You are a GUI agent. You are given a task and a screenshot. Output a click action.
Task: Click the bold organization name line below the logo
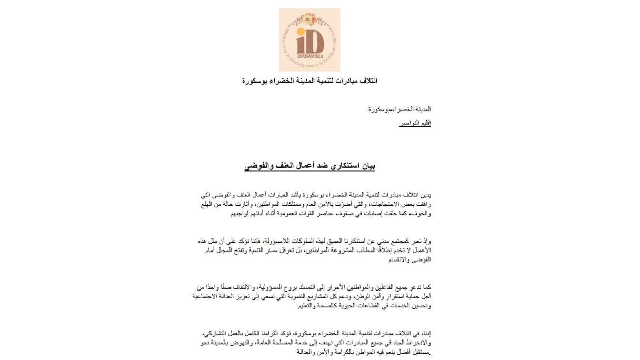point(309,81)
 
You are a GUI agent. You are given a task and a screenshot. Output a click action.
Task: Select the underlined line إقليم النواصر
point(415,123)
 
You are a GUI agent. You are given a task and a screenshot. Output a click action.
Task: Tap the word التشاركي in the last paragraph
point(216,333)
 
